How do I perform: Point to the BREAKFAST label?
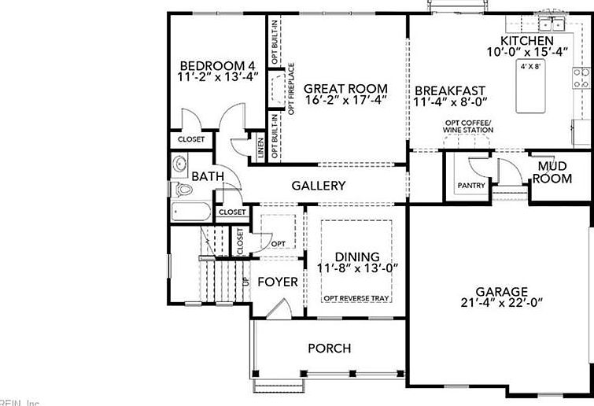(x=450, y=90)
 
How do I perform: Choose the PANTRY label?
(x=471, y=186)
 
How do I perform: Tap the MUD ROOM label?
(x=552, y=173)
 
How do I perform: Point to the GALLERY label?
(x=319, y=186)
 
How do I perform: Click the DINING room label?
(x=357, y=257)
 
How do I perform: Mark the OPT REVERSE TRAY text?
(x=357, y=298)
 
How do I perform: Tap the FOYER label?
(x=278, y=282)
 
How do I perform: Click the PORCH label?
(x=329, y=348)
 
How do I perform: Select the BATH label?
(x=208, y=176)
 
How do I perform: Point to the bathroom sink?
(x=179, y=164)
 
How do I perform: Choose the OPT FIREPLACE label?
(x=291, y=89)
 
